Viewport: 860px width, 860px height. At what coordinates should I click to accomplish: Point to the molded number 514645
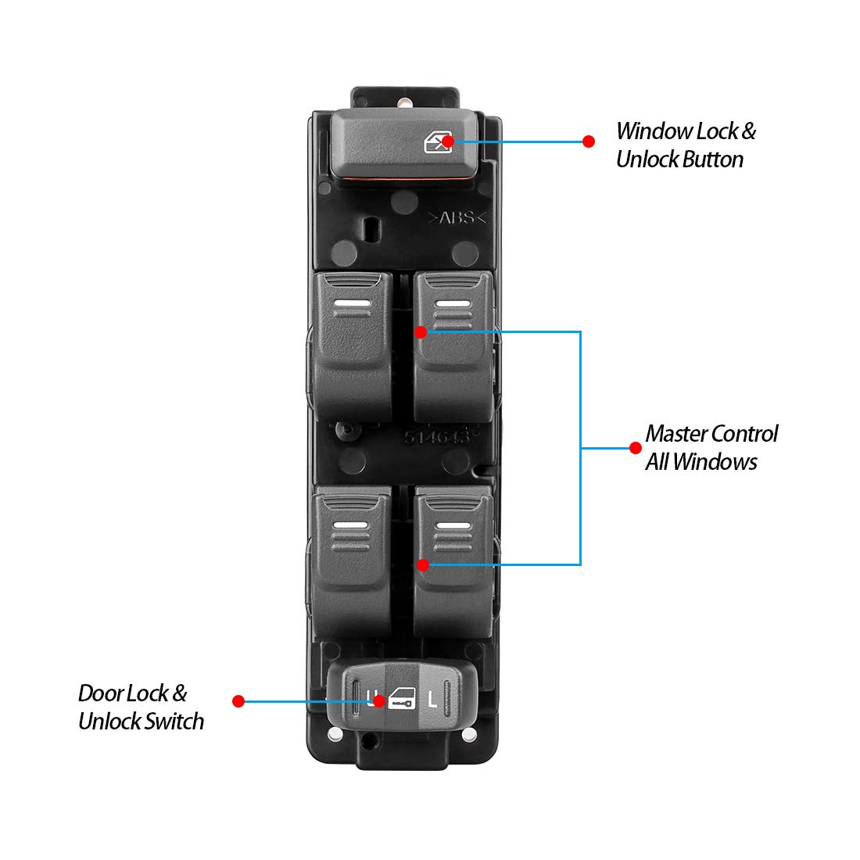435,436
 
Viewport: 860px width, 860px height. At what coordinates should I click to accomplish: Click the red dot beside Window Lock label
589,142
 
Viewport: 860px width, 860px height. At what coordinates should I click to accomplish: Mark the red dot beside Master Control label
636,448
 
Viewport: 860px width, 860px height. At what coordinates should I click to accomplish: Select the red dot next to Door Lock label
238,701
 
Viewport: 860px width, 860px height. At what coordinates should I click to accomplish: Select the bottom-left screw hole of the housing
335,734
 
